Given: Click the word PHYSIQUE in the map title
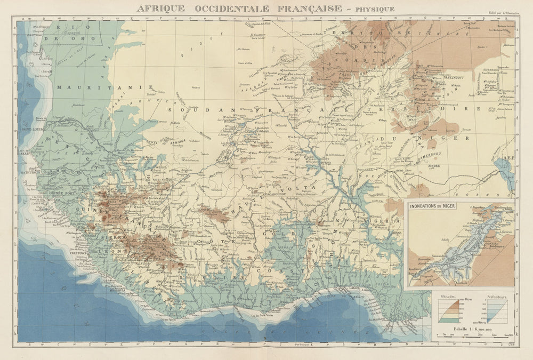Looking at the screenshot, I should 375,9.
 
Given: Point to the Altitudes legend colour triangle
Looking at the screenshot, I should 448,309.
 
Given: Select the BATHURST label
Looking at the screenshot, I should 30,173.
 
